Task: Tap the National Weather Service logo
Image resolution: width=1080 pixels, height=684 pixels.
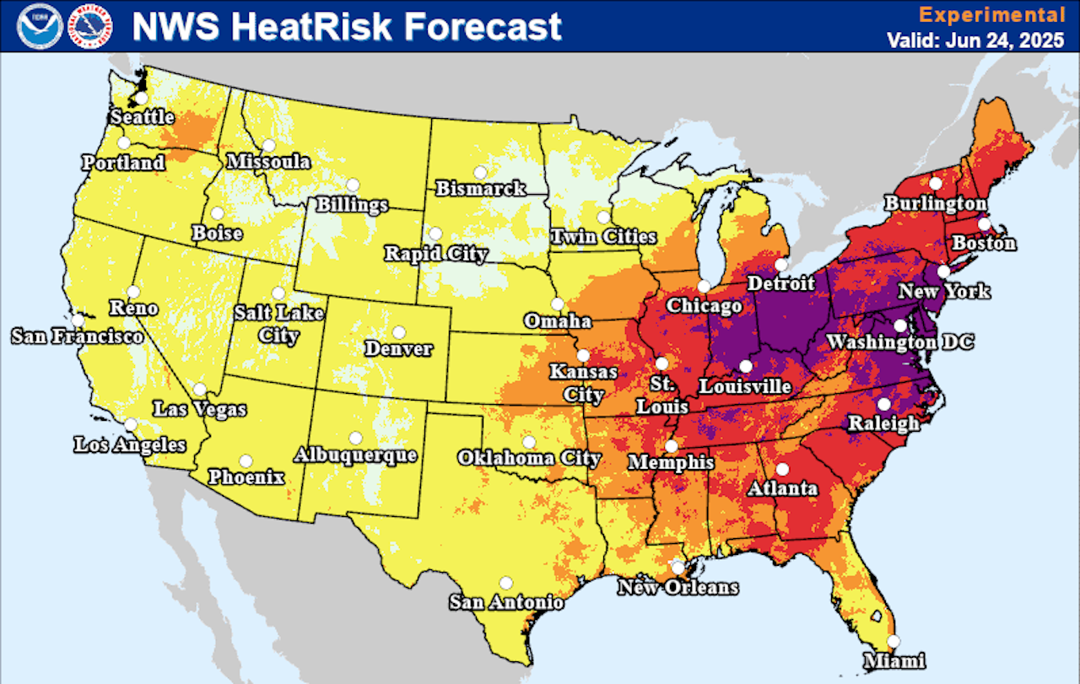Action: click(90, 25)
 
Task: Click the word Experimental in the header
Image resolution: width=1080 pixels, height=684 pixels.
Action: click(991, 14)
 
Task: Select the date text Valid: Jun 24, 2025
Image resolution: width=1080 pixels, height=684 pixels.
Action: click(975, 40)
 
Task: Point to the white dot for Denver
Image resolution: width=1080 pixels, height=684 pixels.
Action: click(398, 331)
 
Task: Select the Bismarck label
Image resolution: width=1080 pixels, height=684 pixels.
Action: click(480, 188)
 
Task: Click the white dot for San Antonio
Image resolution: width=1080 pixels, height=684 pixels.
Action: click(505, 582)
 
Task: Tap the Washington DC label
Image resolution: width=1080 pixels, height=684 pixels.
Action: click(899, 342)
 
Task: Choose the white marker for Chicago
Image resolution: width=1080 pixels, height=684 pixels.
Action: click(703, 286)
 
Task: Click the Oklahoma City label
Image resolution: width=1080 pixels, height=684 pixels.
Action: click(529, 458)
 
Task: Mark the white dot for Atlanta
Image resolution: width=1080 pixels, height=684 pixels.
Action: click(782, 469)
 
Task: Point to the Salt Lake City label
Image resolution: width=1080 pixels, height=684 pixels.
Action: click(279, 324)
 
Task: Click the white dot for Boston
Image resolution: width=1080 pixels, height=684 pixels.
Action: click(983, 224)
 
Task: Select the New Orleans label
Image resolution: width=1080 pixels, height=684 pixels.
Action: click(678, 587)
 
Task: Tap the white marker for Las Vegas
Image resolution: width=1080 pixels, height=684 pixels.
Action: click(200, 390)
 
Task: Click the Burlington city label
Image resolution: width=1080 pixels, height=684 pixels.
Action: click(935, 203)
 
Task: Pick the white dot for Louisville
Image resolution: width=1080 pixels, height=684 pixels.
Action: click(745, 366)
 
